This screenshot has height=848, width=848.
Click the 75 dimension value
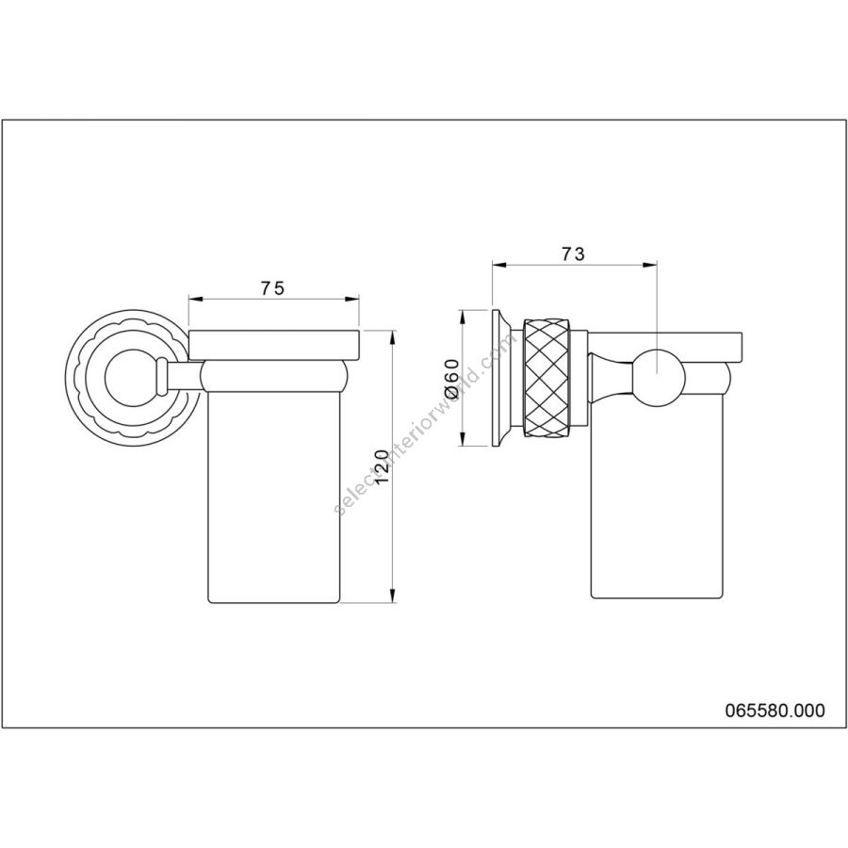point(272,289)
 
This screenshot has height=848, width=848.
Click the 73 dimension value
point(573,254)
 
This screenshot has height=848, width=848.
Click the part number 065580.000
point(775,710)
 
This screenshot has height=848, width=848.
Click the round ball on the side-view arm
point(657,378)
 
